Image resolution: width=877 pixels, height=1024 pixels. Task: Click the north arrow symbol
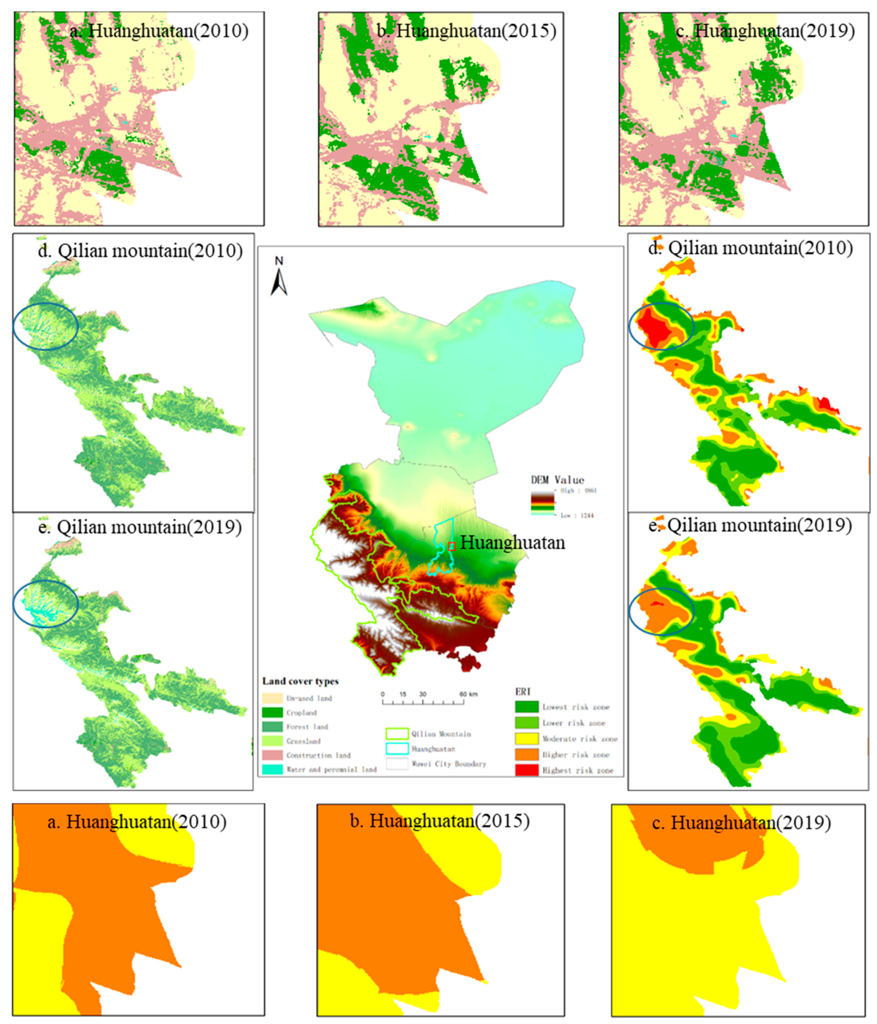[279, 277]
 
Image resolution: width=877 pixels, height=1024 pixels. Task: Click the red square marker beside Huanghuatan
[451, 546]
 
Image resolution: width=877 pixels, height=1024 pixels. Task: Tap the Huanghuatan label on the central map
[513, 543]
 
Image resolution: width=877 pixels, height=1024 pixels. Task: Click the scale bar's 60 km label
[468, 694]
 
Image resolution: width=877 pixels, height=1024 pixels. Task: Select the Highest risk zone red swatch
[527, 770]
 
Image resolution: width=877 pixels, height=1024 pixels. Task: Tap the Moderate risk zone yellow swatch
[527, 739]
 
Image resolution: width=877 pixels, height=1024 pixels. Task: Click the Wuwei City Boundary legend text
[449, 764]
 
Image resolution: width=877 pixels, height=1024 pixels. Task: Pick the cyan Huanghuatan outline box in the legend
[396, 749]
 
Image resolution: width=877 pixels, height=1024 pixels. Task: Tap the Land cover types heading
[300, 681]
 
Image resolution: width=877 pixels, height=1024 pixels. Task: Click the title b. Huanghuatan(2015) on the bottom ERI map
[439, 821]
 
